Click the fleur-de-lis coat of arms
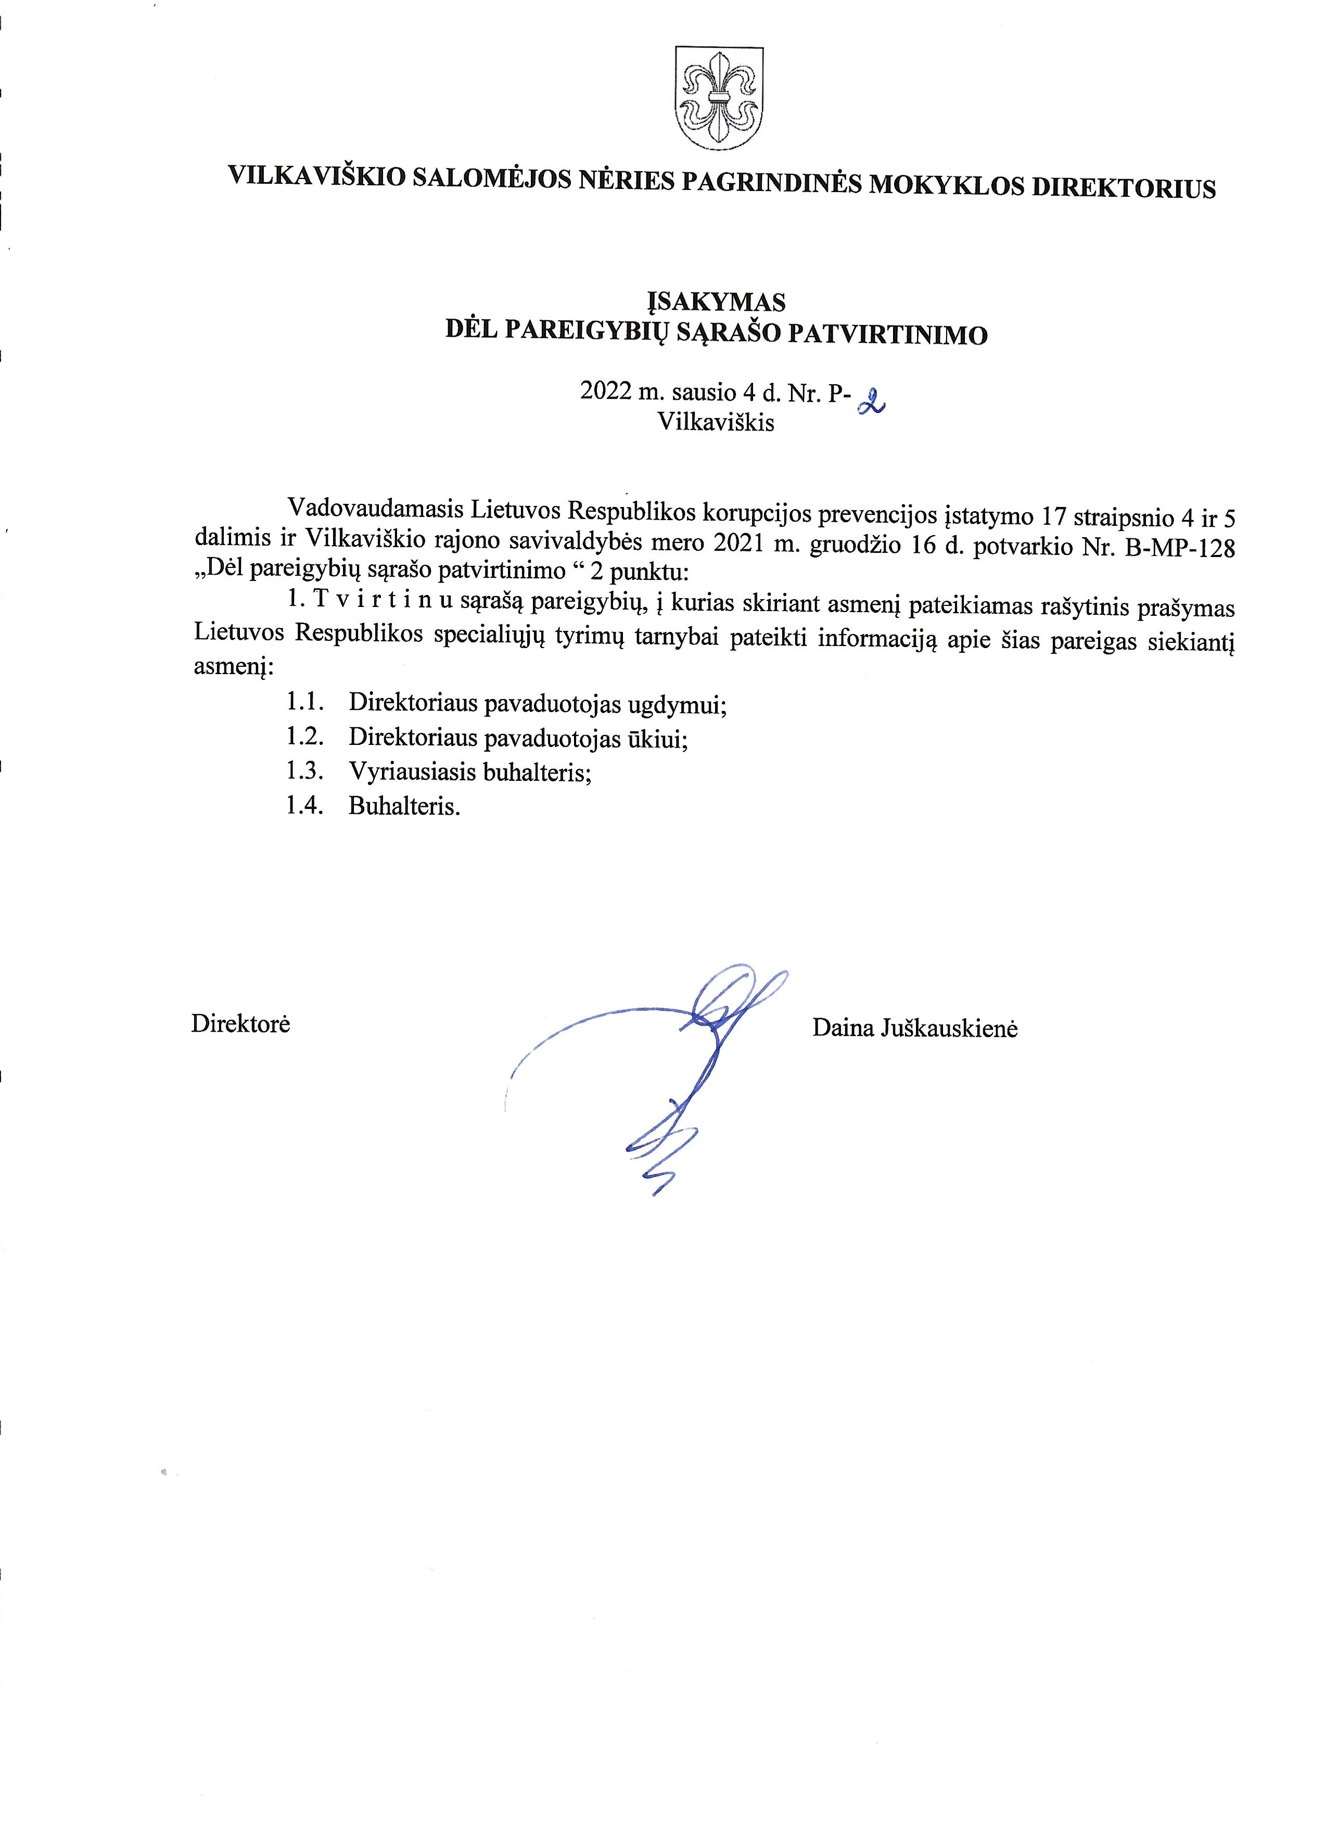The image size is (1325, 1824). coord(719,97)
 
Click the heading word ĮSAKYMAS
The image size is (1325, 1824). coord(717,301)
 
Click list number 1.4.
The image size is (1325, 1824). coord(305,805)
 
